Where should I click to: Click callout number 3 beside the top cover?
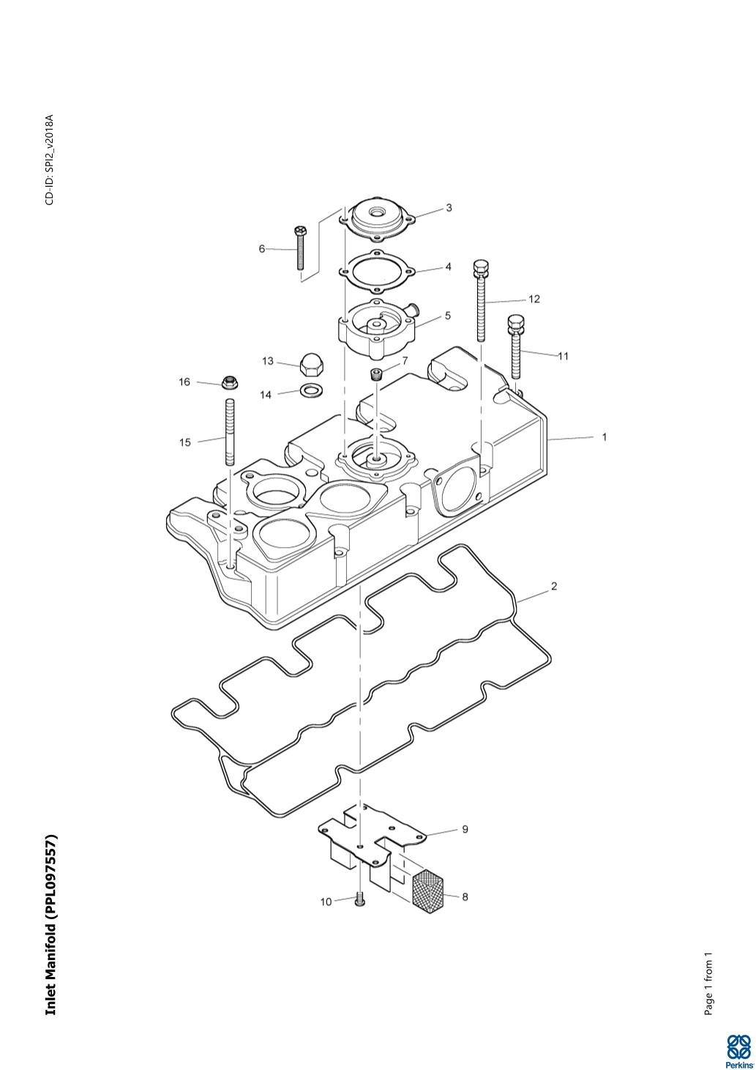pos(449,208)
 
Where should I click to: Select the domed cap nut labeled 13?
pos(310,366)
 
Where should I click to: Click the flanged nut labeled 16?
pos(231,382)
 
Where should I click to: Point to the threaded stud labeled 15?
pos(230,432)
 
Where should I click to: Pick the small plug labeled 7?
pos(378,374)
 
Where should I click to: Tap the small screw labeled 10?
pos(359,901)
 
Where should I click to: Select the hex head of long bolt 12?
pos(481,270)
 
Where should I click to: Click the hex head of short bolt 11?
pos(515,326)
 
